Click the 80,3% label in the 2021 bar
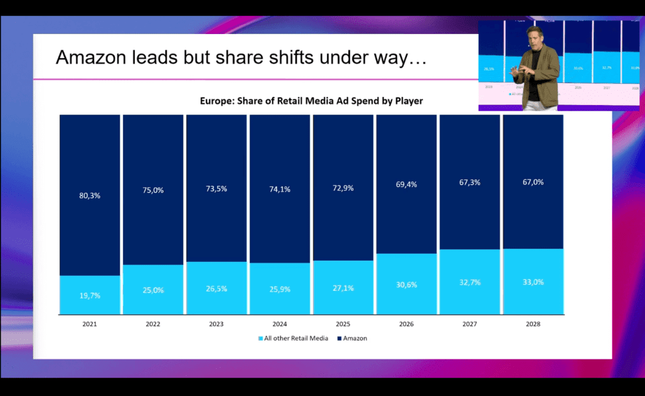point(90,195)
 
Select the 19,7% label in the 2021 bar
point(90,295)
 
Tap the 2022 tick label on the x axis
point(152,324)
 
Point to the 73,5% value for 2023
point(216,189)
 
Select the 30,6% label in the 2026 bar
point(406,285)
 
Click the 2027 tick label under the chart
point(469,324)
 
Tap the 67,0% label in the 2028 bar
point(533,182)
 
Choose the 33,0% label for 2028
point(533,282)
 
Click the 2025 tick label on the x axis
point(343,324)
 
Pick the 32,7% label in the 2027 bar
point(470,283)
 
